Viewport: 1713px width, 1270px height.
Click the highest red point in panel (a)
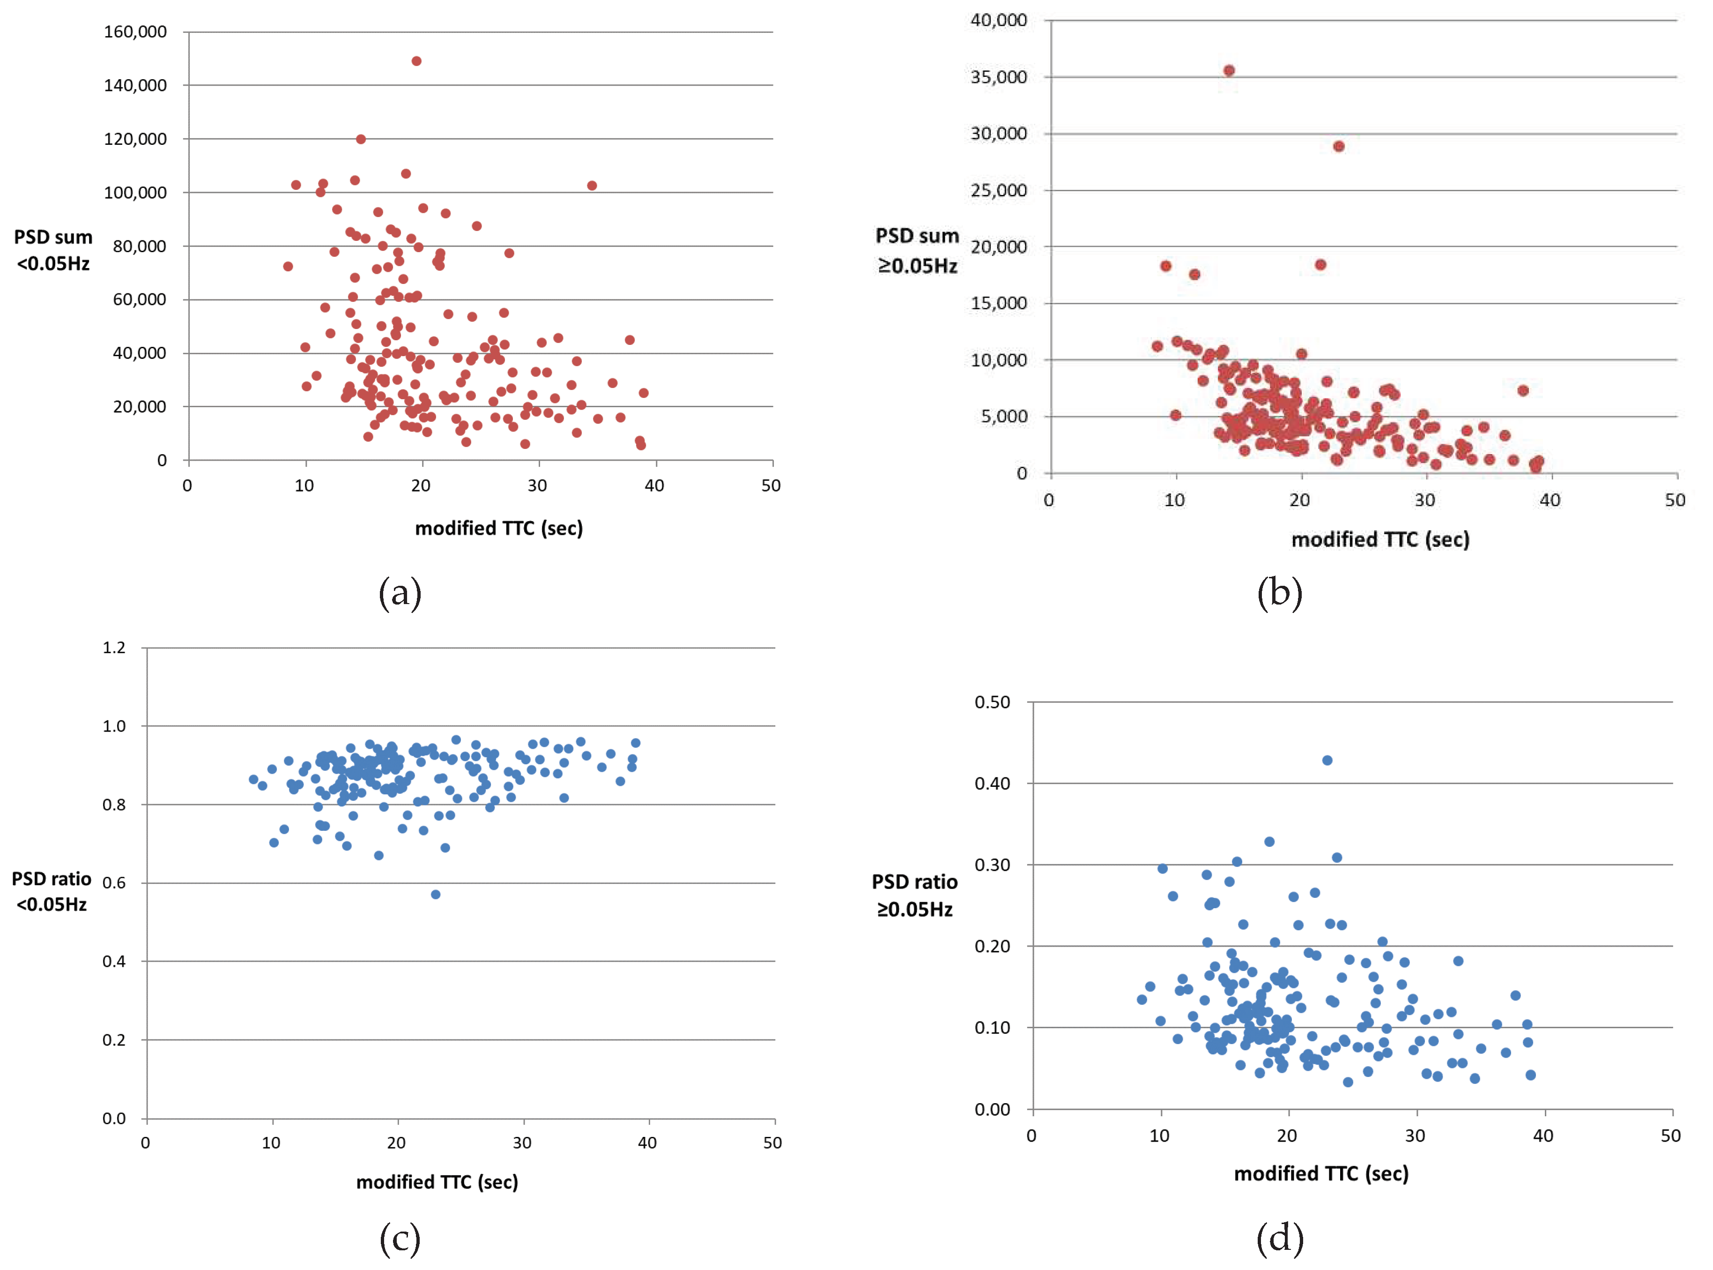click(x=416, y=61)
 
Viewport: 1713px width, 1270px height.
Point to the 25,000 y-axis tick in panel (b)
click(x=998, y=190)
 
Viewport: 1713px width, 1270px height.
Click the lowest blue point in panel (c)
click(x=436, y=895)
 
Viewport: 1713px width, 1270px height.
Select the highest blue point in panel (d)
click(x=1327, y=760)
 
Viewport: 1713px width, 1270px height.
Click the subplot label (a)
click(x=400, y=593)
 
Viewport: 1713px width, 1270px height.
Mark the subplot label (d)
click(x=1280, y=1238)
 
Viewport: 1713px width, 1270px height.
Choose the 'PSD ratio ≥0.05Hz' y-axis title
click(x=914, y=896)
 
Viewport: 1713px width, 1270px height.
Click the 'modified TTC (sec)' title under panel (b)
click(x=1380, y=540)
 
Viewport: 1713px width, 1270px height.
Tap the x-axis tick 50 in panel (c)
click(x=772, y=1143)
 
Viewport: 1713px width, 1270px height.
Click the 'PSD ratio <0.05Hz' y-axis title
click(x=52, y=892)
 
